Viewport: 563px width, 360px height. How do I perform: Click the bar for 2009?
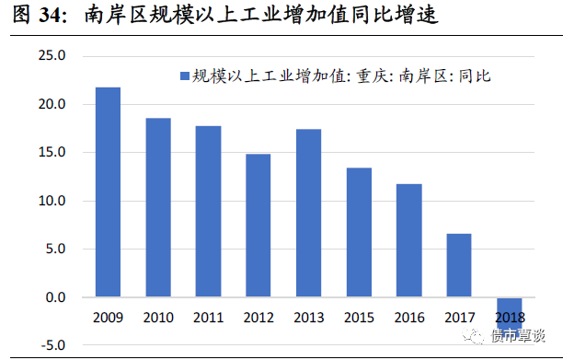108,192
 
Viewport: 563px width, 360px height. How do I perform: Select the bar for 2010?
158,208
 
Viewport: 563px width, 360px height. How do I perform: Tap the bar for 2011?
208,212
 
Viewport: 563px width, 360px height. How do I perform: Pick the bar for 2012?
259,226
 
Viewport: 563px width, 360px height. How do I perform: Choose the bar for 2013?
308,214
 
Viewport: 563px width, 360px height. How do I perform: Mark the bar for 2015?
359,233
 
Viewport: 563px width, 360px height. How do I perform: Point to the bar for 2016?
408,240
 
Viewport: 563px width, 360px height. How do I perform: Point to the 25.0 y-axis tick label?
53,56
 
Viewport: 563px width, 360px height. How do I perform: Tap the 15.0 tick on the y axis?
53,153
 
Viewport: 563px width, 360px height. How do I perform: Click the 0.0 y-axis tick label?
57,297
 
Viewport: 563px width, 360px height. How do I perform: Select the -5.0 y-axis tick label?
53,345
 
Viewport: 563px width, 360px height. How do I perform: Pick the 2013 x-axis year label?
308,317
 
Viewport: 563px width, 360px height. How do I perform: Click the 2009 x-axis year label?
108,317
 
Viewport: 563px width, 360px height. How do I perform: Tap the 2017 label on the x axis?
459,317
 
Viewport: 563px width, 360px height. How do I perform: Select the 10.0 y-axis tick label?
53,201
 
